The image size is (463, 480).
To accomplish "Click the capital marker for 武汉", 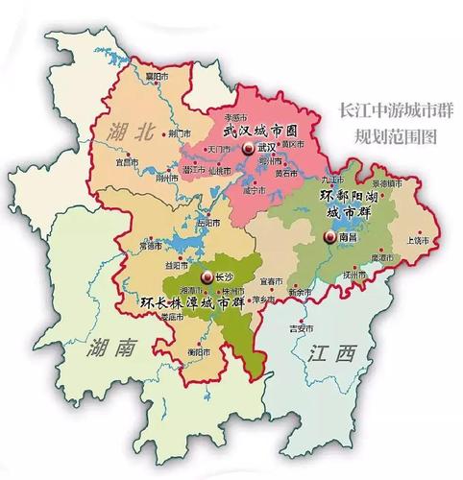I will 249,148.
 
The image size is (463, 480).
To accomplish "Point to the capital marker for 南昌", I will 330,238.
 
